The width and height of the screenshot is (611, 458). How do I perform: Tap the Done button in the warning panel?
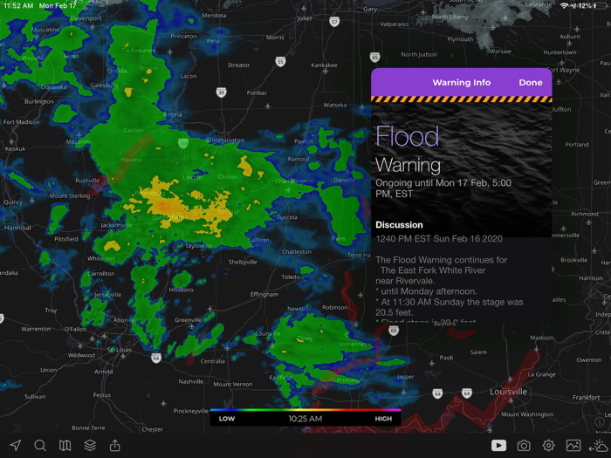pos(530,83)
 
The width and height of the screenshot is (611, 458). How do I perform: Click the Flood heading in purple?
pos(407,136)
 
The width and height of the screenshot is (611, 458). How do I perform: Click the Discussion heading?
pos(399,224)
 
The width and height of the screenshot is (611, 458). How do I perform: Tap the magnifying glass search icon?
pos(40,446)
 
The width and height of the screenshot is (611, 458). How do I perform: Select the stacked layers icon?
pos(90,446)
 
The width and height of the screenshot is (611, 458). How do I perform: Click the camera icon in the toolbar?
pos(524,446)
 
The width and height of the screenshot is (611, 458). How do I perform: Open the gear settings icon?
pos(548,446)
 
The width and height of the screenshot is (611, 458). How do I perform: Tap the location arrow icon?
pos(16,446)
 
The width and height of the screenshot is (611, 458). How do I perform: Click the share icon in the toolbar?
pos(114,446)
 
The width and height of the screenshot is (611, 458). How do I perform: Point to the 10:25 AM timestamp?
pos(305,419)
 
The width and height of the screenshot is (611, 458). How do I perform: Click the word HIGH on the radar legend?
pos(383,419)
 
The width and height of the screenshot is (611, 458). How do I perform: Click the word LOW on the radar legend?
pos(227,419)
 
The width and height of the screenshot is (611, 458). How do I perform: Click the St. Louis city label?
pos(119,350)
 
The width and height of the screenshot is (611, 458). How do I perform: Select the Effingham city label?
pos(264,294)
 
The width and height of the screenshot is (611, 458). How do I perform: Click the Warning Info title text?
pos(461,83)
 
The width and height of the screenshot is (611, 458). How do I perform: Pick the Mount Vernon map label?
pos(232,384)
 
